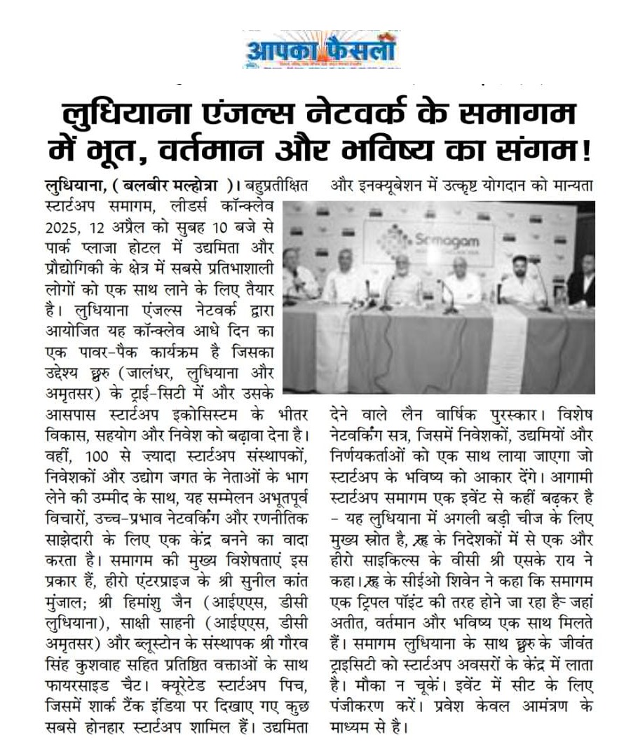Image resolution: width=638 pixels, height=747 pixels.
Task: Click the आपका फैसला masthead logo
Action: tap(321, 50)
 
